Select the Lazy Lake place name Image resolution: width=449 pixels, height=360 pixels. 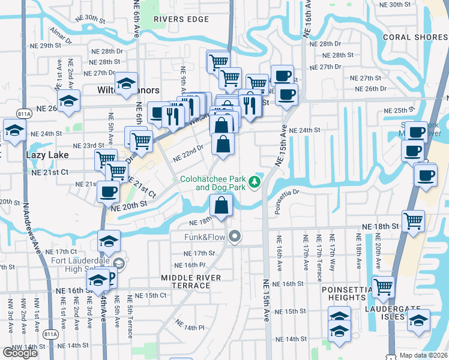(47, 155)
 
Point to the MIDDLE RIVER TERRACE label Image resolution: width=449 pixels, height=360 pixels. (191, 281)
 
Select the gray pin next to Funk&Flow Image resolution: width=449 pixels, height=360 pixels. (235, 237)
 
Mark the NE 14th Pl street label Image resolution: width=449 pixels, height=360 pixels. (191, 325)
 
